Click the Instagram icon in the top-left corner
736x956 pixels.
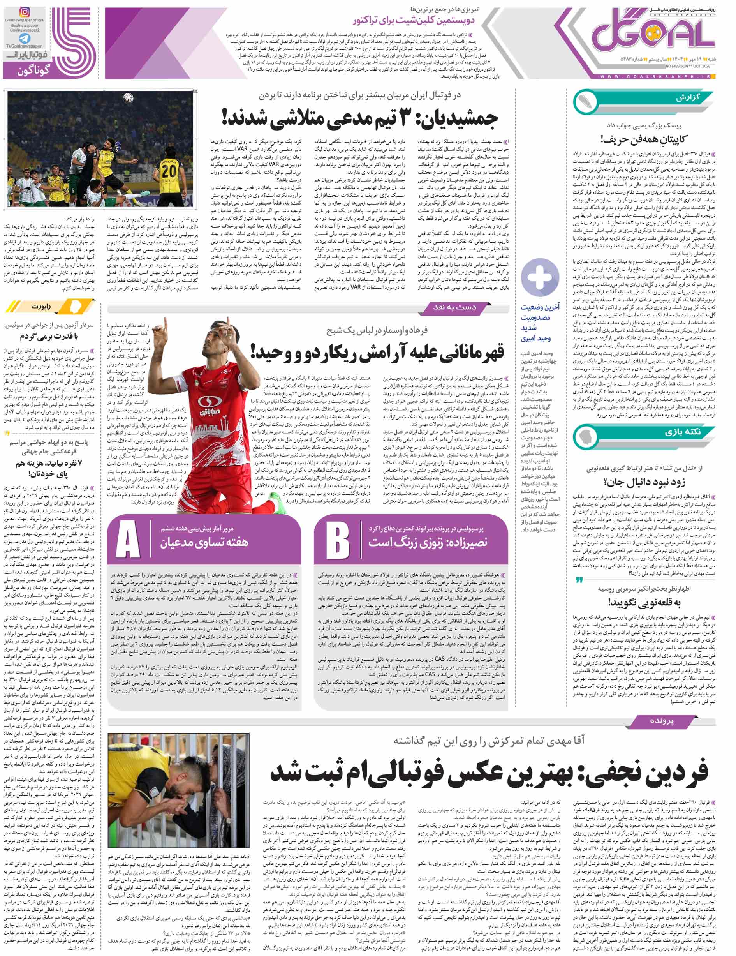pyautogui.click(x=25, y=12)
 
